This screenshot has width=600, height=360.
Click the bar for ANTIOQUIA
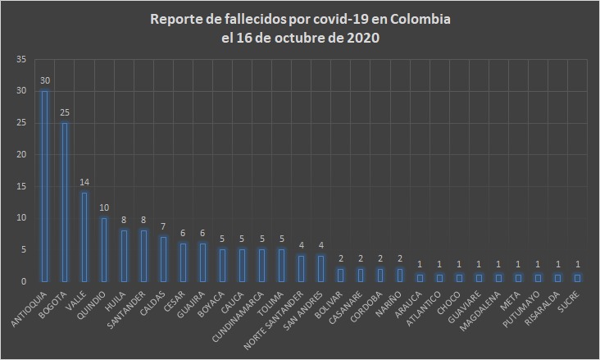coord(44,186)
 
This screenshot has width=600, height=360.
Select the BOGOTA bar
coord(64,202)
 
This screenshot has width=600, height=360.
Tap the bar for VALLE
coord(84,237)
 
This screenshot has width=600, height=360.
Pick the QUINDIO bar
coord(103,249)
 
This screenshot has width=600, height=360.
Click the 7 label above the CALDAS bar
coord(162,229)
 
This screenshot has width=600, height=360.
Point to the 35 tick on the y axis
coord(21,59)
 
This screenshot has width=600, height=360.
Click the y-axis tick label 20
coord(21,154)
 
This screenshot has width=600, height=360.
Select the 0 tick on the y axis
coord(25,281)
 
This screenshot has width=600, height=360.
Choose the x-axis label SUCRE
coord(567,299)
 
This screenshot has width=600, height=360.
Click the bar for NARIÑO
coord(400,275)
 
